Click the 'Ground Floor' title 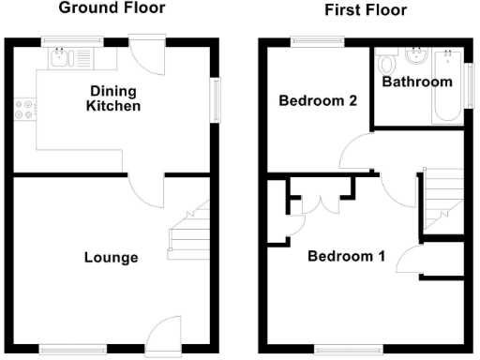coord(112,8)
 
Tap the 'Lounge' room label coord(111,258)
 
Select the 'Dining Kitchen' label coord(113,98)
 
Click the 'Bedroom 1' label coord(346,256)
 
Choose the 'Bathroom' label coord(417,82)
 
